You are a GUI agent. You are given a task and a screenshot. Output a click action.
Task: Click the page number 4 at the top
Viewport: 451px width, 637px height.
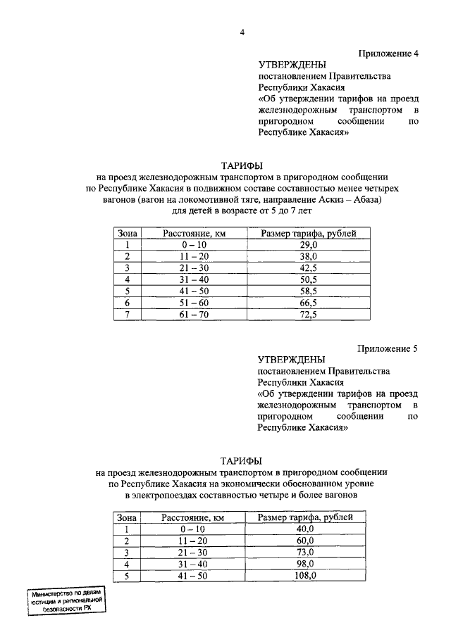point(242,32)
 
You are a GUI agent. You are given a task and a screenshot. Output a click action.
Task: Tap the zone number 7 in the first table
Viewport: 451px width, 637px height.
point(128,315)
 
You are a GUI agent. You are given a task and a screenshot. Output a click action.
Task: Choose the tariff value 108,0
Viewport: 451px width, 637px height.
point(305,575)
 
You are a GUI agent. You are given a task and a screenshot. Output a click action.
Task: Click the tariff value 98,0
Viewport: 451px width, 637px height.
point(305,564)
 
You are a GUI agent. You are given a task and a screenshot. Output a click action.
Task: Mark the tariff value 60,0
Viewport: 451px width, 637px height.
point(305,541)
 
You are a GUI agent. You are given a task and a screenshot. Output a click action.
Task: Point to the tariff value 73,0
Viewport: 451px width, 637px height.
point(305,552)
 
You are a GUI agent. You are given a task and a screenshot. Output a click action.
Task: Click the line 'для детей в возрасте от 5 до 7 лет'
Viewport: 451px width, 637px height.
point(242,210)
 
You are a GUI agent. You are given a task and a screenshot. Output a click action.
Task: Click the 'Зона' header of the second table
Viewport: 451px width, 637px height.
point(126,517)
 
